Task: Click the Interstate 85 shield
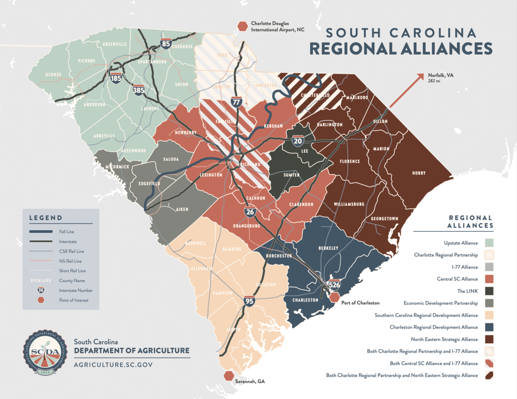(x=166, y=43)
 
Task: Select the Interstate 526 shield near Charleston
(x=334, y=284)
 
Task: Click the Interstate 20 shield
(x=298, y=140)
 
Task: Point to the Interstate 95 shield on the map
(x=249, y=300)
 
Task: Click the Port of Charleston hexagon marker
(x=334, y=298)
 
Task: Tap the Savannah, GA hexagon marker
(x=229, y=376)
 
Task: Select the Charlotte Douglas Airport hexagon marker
(x=242, y=27)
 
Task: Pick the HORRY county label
(x=419, y=173)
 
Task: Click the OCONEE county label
(x=53, y=75)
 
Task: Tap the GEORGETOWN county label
(x=385, y=219)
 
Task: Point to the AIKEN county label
(x=182, y=209)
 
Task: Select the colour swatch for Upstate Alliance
(x=489, y=243)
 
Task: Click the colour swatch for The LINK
(x=489, y=291)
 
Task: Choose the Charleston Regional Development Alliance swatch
(x=489, y=327)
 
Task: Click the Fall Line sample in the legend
(x=41, y=232)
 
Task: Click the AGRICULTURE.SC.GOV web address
(x=113, y=365)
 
